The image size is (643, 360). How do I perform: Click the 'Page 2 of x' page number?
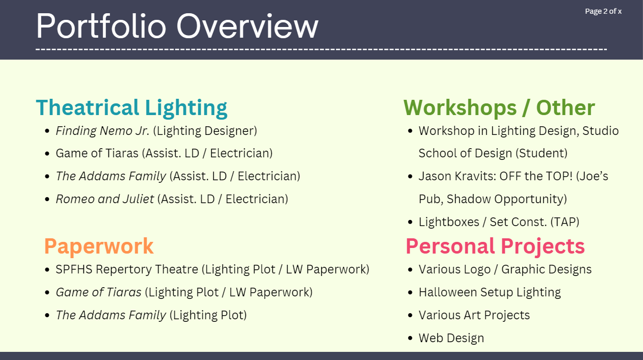pos(603,11)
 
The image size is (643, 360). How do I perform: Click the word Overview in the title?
pos(247,26)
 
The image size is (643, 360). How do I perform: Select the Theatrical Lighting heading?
pos(131,108)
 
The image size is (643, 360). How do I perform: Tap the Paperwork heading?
pos(99,246)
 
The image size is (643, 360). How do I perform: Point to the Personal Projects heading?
pos(495,246)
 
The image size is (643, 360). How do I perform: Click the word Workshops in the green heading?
pos(460,107)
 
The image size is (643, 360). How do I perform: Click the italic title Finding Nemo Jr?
pos(102,131)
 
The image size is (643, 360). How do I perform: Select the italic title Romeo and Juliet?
pos(105,199)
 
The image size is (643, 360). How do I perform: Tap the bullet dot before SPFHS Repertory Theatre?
pos(47,270)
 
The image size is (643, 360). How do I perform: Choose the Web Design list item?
pos(451,338)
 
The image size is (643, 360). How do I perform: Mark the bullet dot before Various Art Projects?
pos(410,316)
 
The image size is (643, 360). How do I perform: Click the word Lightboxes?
pos(449,222)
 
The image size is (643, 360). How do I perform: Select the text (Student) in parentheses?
pos(541,153)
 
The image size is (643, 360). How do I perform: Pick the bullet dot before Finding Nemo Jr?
pos(47,131)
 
